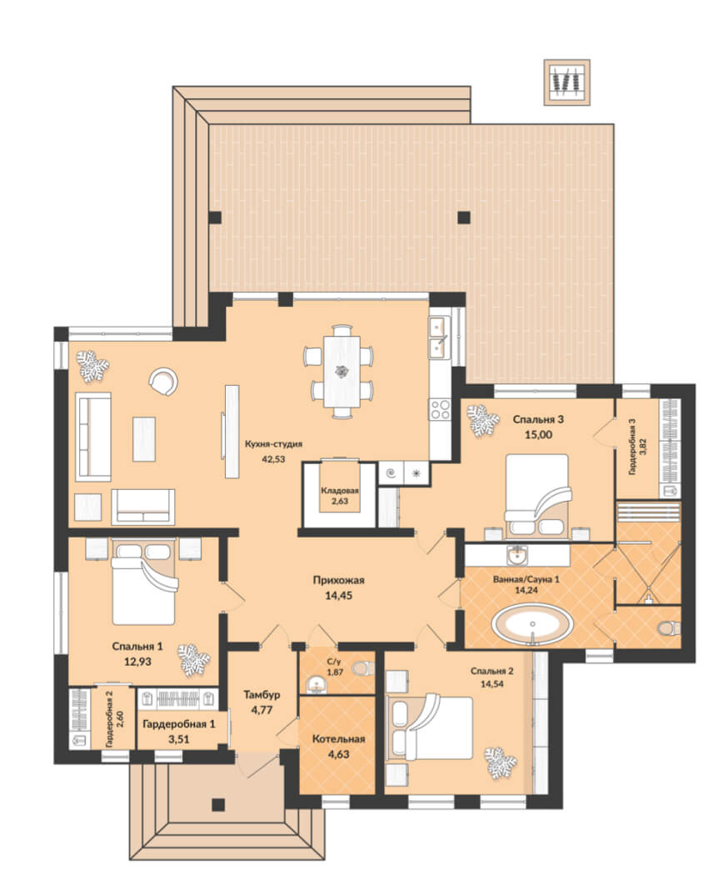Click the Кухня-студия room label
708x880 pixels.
click(273, 444)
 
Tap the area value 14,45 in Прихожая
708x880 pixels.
click(338, 596)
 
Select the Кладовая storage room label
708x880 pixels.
click(339, 491)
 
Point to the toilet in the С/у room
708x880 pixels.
click(363, 668)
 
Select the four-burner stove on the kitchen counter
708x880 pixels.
click(440, 409)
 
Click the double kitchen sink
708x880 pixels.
click(438, 337)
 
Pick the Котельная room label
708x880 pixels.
click(338, 739)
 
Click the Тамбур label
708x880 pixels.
click(262, 695)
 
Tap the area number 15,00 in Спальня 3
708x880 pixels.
click(538, 434)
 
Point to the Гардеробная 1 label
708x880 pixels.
click(178, 724)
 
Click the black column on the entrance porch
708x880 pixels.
click(218, 805)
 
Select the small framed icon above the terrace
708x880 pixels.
click(566, 82)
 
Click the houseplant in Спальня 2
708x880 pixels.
click(501, 762)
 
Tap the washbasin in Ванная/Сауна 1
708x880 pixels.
click(516, 556)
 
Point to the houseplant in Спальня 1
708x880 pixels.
click(193, 660)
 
